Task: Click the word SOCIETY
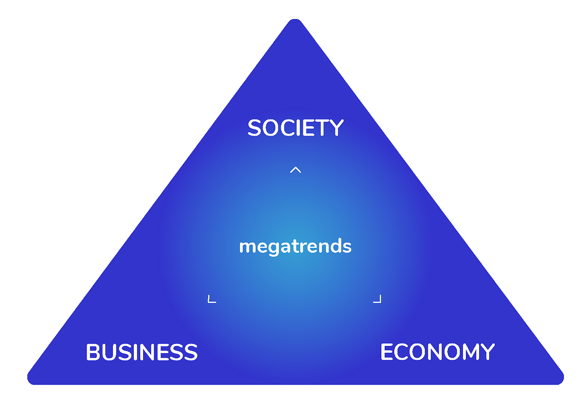295,127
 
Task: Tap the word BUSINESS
142,352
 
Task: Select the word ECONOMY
438,352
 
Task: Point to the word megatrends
295,247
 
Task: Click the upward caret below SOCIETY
295,170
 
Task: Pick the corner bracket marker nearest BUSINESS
211,299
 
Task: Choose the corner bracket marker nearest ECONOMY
377,299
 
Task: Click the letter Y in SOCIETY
336,127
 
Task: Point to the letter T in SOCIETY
322,127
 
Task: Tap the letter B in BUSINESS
93,352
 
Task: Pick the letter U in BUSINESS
108,352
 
